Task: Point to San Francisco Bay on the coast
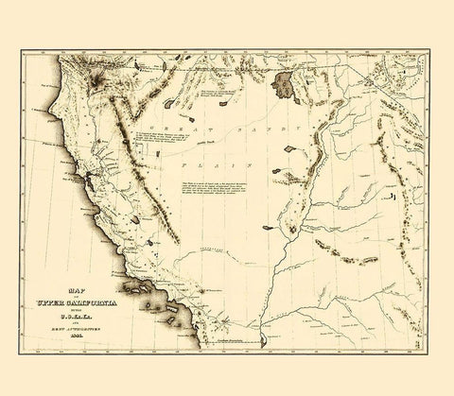click(87, 176)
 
